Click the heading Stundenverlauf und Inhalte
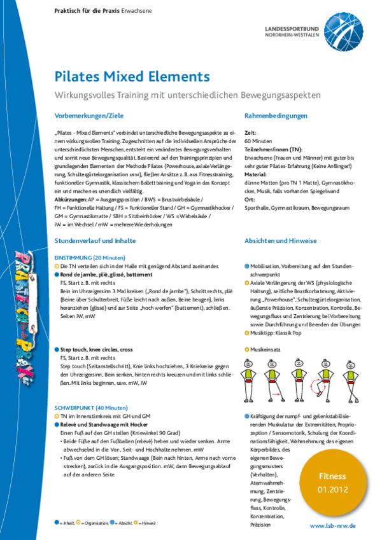coord(95,242)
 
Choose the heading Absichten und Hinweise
coord(281,242)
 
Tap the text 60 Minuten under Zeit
coord(257,140)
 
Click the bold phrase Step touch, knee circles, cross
coord(97,350)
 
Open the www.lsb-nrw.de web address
coord(332,526)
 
